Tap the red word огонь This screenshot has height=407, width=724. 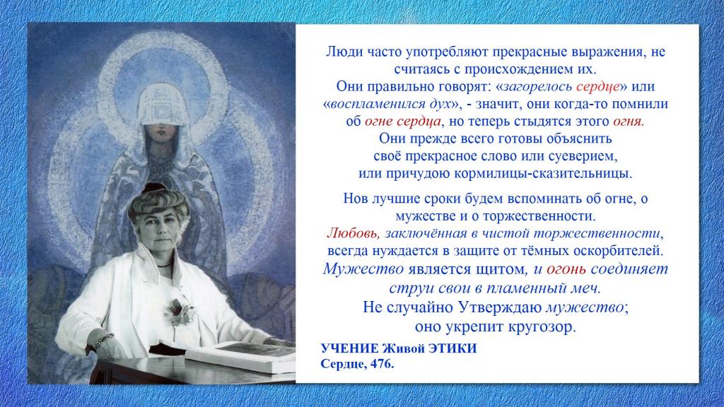(x=566, y=269)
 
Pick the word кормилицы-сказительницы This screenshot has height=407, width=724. (x=543, y=174)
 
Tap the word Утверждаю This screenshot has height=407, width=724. (x=501, y=307)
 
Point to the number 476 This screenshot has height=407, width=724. (x=383, y=364)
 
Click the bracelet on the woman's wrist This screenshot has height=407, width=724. (x=102, y=341)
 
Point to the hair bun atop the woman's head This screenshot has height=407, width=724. (x=154, y=188)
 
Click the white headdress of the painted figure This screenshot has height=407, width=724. (x=160, y=105)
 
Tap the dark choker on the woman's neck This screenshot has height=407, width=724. (x=164, y=266)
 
